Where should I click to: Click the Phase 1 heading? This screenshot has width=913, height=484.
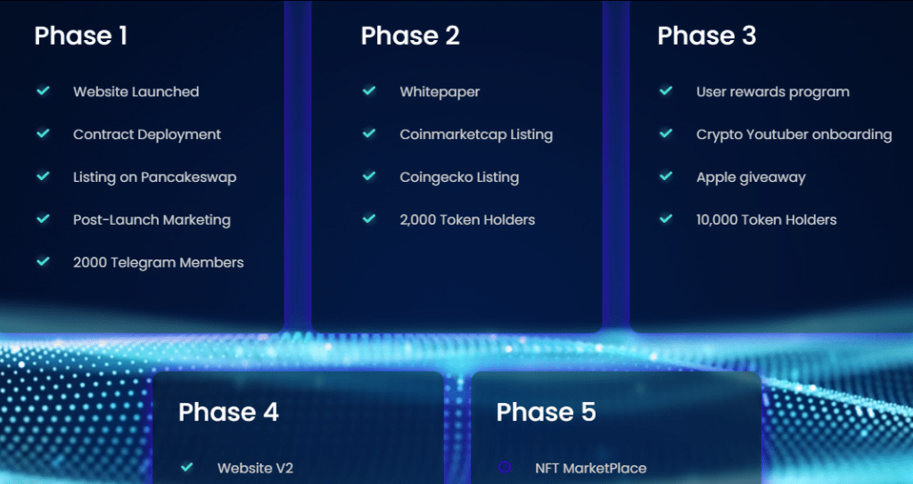coord(80,36)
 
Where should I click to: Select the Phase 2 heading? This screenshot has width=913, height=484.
coord(410,36)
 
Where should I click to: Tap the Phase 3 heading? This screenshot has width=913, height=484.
coord(706,36)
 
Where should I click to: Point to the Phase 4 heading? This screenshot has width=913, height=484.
coord(228,412)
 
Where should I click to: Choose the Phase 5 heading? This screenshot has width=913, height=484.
coord(547,412)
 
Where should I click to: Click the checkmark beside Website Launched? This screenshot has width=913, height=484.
coord(43,91)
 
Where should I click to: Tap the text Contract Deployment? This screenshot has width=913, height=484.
coord(147,135)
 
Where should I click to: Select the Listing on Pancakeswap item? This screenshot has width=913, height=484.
coord(155,177)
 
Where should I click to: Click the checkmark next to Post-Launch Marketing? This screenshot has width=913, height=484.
coord(43,219)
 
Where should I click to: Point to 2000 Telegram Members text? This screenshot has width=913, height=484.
coord(159,263)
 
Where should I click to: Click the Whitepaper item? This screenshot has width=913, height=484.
coord(440,92)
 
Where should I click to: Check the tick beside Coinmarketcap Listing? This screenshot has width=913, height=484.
coord(369,134)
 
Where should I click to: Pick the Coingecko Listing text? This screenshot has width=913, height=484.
coord(459,177)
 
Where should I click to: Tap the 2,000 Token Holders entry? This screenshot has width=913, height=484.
coord(467,220)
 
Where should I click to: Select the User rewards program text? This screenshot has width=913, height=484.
coord(773,92)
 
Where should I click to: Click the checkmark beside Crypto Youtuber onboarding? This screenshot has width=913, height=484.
coord(666,134)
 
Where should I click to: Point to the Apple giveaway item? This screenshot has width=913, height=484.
coord(751,177)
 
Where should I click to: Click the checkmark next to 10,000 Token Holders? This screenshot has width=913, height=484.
coord(666,219)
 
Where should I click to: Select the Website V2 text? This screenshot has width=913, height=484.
coord(255,468)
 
